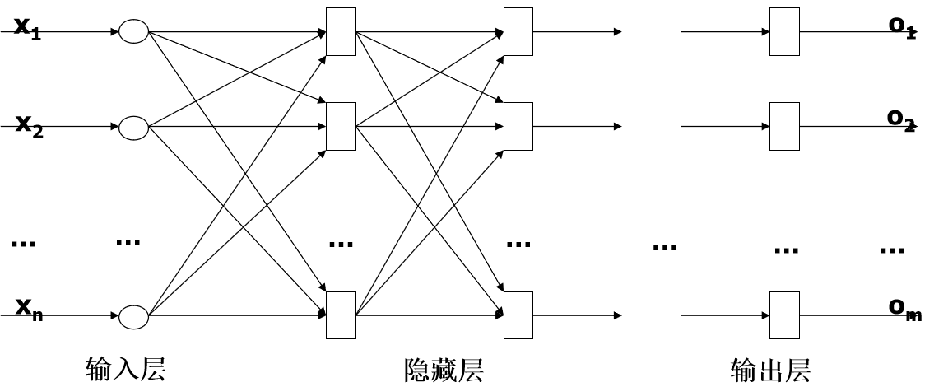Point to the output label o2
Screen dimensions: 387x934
click(901, 119)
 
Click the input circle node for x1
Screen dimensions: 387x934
click(133, 32)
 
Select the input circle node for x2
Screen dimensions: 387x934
click(133, 128)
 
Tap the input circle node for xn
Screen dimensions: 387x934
click(133, 316)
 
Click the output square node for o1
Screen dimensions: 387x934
click(784, 32)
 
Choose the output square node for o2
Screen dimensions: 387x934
click(784, 128)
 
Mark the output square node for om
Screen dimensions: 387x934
click(784, 316)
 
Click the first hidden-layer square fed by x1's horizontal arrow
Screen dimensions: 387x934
click(341, 32)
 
